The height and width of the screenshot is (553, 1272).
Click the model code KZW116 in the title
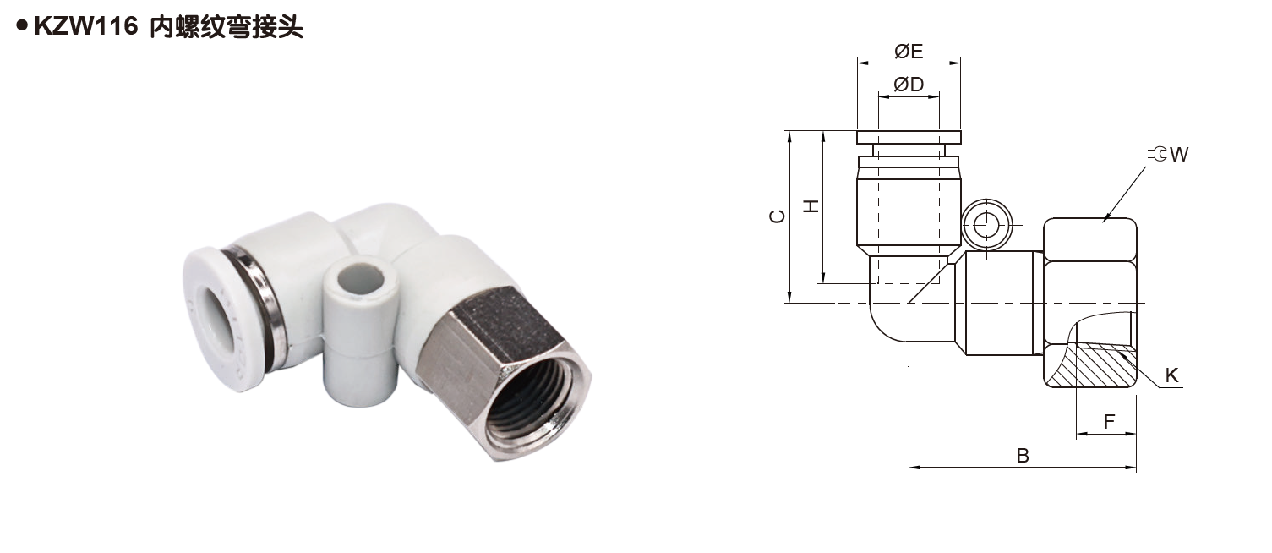(86, 26)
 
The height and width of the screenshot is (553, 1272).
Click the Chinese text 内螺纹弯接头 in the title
(226, 27)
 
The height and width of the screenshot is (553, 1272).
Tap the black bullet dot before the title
(22, 25)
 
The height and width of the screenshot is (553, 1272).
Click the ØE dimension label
(909, 52)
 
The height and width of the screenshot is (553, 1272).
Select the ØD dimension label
(909, 85)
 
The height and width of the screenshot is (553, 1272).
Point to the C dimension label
(778, 216)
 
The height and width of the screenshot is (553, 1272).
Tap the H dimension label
(811, 205)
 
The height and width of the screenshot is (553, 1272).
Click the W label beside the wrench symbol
(1179, 155)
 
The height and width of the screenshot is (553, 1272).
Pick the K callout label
(1171, 375)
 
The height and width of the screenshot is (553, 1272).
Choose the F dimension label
(1109, 422)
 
